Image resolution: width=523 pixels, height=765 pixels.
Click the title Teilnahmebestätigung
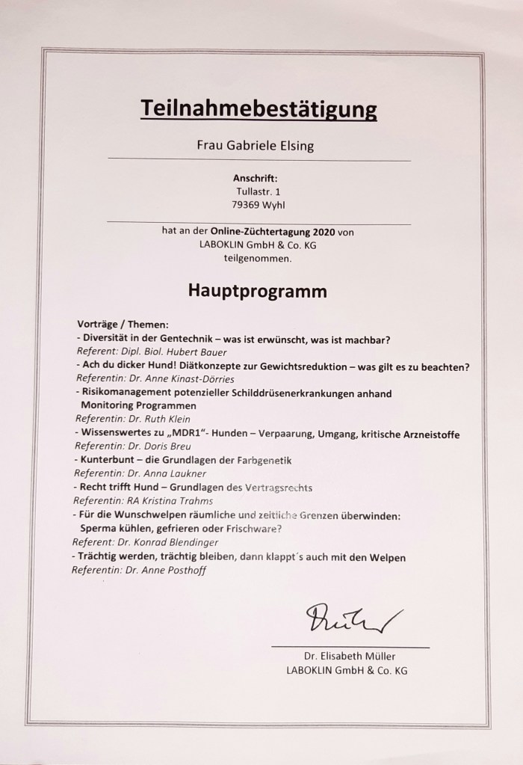point(259,110)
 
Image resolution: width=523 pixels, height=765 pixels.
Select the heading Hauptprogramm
point(258,291)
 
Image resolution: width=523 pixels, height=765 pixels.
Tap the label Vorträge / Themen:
point(123,326)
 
